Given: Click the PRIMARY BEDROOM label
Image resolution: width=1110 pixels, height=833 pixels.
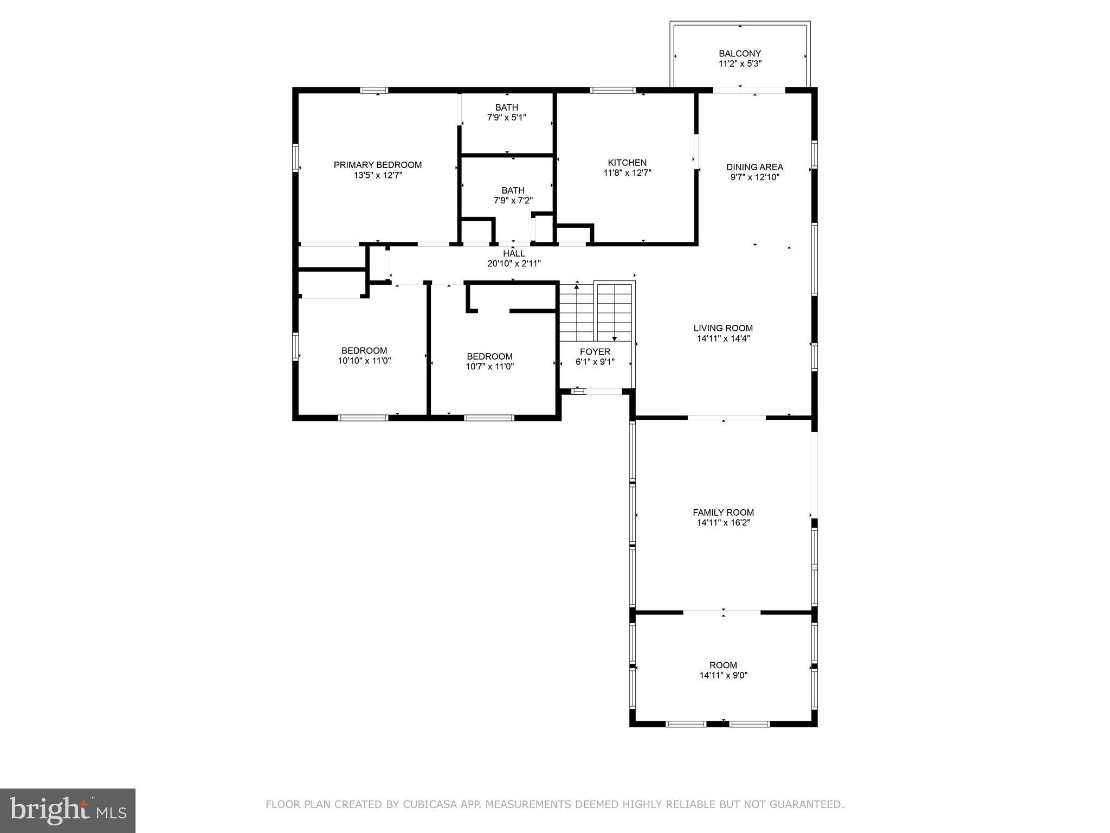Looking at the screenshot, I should tap(377, 165).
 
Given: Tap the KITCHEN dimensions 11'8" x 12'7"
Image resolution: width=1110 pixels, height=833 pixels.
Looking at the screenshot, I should tap(627, 173).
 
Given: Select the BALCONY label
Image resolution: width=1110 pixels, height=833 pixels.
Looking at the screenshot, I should tap(740, 53).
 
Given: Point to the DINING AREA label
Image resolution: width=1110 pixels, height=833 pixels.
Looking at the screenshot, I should tap(754, 167).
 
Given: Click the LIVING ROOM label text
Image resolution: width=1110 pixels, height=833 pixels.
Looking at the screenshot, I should tap(723, 328).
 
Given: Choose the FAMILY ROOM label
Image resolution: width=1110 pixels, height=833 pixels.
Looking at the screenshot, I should tap(723, 512).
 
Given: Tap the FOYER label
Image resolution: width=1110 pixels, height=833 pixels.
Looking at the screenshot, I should tap(595, 352).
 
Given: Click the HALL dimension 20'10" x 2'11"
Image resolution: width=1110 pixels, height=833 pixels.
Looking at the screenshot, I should tap(514, 264).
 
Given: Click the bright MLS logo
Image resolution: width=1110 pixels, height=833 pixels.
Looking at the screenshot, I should tap(68, 810).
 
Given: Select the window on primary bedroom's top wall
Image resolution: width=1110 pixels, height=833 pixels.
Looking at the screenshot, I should tap(375, 90).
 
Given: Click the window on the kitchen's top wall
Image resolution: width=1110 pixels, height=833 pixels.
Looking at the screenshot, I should tap(612, 90).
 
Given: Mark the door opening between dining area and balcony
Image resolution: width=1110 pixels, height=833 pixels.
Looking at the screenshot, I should tap(748, 90).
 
